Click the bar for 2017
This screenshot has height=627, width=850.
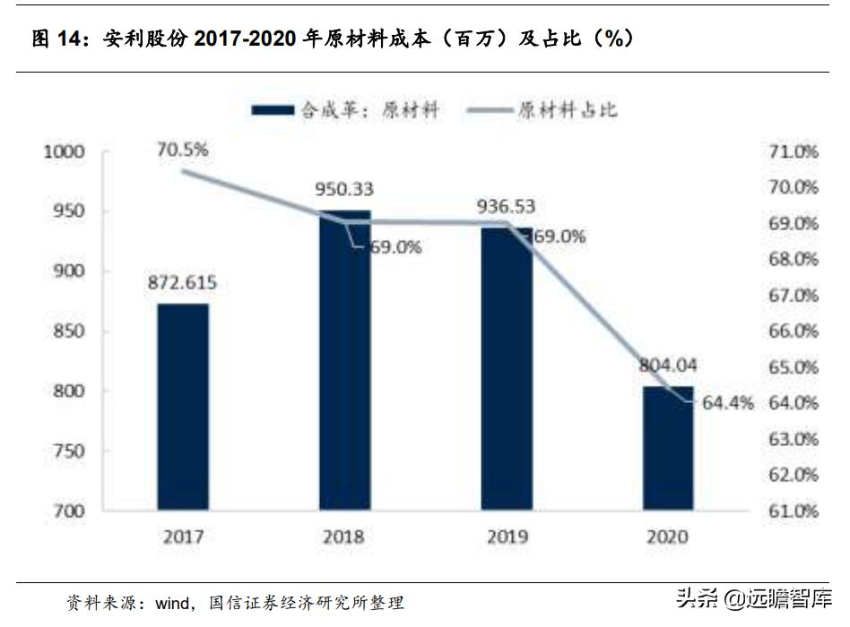click(183, 408)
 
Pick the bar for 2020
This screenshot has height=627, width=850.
click(668, 448)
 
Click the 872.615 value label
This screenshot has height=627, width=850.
click(183, 284)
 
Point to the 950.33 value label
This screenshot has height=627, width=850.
click(344, 190)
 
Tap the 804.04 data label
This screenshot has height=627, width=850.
click(669, 366)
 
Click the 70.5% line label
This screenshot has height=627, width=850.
click(183, 150)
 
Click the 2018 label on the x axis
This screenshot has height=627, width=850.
click(344, 537)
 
